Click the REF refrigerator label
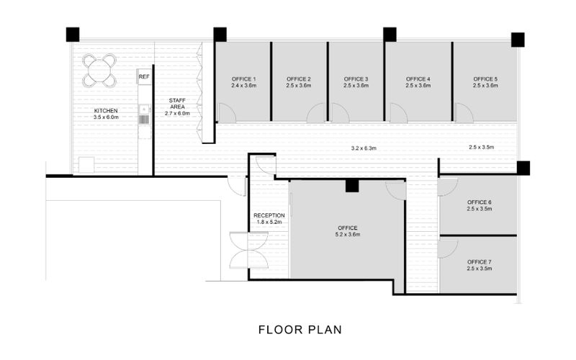point(144,76)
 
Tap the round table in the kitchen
point(99,70)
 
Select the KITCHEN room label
point(105,112)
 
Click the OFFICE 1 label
point(244,78)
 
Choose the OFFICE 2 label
point(298,78)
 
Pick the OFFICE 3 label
point(356,78)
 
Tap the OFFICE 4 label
point(418,78)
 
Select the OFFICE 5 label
point(485,78)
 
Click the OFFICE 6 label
point(479,202)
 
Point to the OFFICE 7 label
point(479,261)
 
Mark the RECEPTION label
point(269,215)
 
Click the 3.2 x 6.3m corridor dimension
point(364,148)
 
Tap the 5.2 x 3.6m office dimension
point(347,235)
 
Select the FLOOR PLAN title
point(300,330)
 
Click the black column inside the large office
point(351,186)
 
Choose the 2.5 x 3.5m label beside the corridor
point(481,148)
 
